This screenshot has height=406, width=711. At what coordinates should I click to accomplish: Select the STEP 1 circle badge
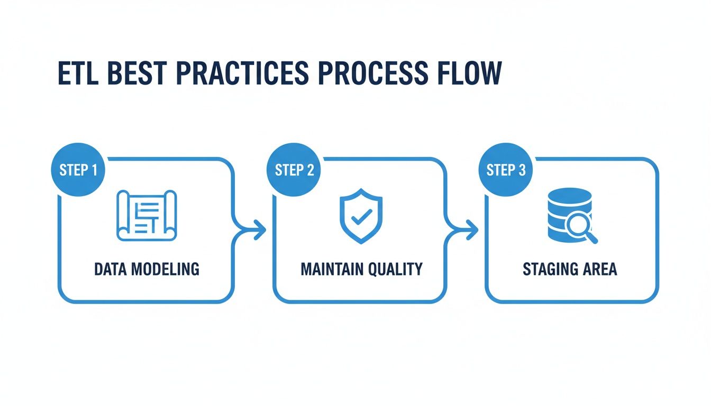[x=78, y=170]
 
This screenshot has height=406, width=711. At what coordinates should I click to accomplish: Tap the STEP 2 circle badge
[x=294, y=170]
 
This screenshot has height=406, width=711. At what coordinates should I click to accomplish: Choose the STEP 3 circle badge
[x=506, y=170]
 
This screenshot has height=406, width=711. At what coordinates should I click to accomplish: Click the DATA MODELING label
[x=147, y=269]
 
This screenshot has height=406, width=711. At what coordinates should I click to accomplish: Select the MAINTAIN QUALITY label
[x=361, y=269]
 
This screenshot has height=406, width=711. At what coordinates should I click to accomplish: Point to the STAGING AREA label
[x=570, y=269]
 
